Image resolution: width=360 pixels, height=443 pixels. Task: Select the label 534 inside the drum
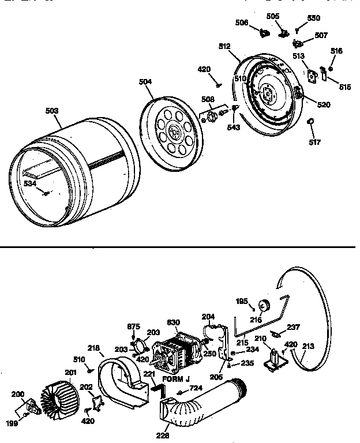(x=30, y=183)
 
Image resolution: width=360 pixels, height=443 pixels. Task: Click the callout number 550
(x=313, y=18)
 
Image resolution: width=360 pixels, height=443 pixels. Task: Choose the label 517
(x=314, y=142)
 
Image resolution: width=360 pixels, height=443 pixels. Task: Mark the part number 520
(x=324, y=104)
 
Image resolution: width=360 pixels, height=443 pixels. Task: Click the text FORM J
(x=177, y=379)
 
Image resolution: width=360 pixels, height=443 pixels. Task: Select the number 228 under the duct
(x=163, y=435)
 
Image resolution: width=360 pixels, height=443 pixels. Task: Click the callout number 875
(x=133, y=326)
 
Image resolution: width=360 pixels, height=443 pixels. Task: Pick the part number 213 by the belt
(x=309, y=347)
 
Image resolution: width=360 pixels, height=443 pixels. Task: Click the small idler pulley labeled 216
(x=266, y=306)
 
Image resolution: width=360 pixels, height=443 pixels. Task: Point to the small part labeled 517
(x=310, y=121)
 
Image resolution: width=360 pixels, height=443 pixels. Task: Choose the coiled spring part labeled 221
(x=156, y=390)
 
